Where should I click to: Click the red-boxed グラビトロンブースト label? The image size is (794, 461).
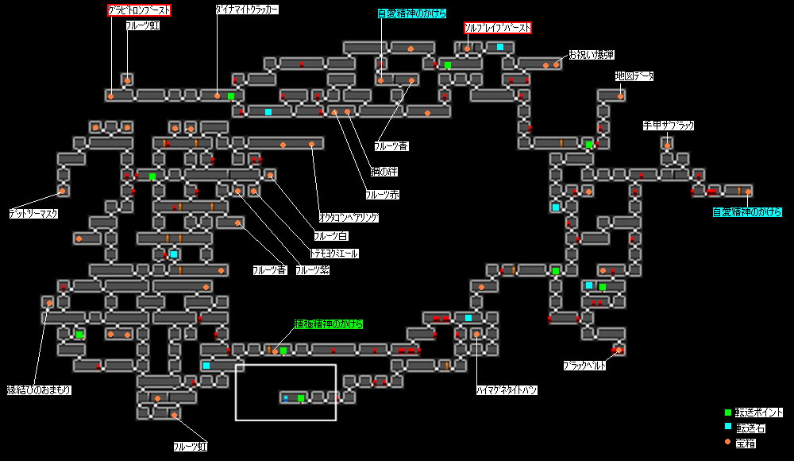click(140, 10)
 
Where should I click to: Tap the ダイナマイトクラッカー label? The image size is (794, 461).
click(247, 10)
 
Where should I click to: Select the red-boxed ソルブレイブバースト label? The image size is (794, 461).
click(497, 28)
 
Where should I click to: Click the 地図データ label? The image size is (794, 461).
click(634, 76)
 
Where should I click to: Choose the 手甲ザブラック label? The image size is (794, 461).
click(668, 126)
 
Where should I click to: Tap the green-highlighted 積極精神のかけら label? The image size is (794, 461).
click(329, 324)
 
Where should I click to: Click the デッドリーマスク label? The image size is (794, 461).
click(33, 214)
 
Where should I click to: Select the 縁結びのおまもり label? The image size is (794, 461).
click(39, 389)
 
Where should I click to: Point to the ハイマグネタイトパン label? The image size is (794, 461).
click(507, 390)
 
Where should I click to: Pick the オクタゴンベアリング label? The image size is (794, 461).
click(349, 217)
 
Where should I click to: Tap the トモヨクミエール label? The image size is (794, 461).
click(334, 254)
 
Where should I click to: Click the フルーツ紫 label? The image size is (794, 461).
click(312, 270)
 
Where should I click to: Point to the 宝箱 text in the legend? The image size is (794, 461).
click(747, 442)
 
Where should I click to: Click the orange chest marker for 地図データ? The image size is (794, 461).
click(620, 95)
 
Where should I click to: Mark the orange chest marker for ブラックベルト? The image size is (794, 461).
click(617, 350)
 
